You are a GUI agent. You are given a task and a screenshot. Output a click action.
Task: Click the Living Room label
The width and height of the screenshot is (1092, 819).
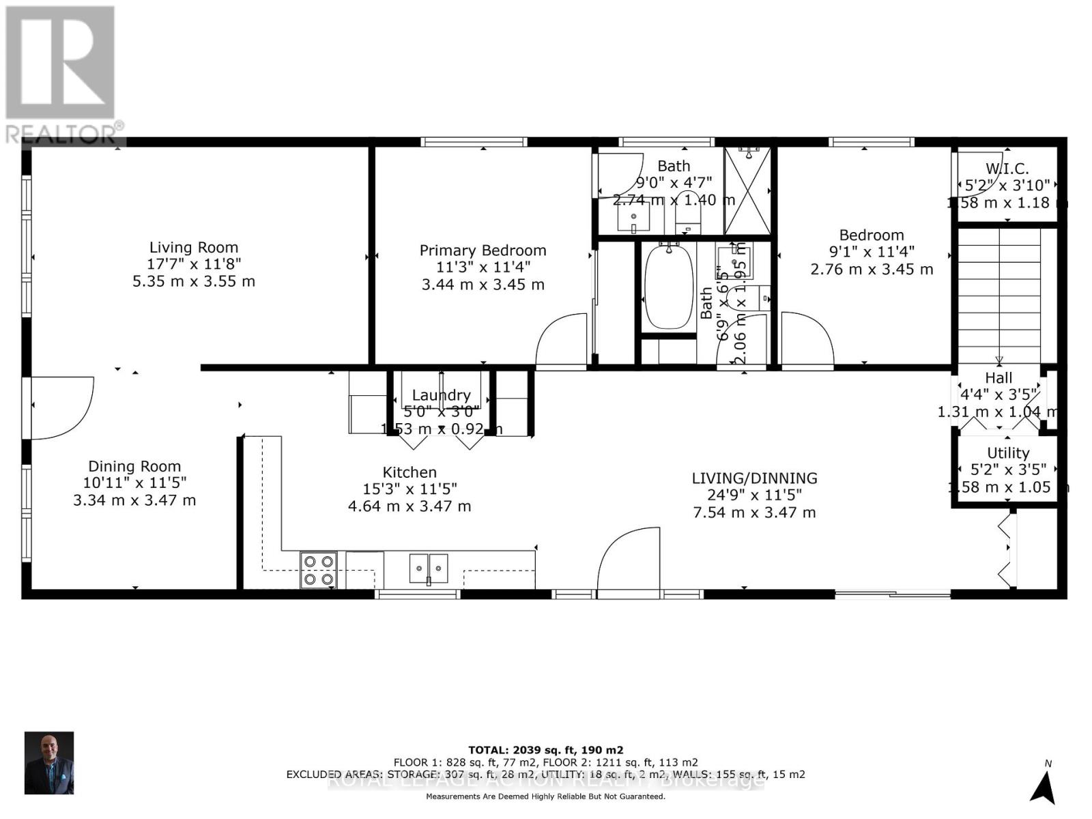point(194,248)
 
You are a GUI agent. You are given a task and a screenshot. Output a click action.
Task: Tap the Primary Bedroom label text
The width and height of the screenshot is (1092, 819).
point(483,250)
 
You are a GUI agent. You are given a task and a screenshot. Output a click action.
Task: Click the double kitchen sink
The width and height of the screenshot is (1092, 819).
point(429,568)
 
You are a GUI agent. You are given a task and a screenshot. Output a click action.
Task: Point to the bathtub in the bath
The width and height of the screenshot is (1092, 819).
point(668,287)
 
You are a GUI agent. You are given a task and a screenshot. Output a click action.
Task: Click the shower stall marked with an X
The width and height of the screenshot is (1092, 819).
point(747,190)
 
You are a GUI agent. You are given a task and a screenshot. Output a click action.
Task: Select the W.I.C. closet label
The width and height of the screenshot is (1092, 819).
point(1007,169)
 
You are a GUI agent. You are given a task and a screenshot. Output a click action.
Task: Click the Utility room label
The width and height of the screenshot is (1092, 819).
point(1008,453)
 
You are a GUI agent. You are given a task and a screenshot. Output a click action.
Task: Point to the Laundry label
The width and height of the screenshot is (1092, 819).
point(441,395)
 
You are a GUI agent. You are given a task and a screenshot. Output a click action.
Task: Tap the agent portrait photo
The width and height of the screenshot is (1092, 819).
point(49,763)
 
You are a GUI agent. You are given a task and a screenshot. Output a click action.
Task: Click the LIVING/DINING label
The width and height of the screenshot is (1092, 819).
point(754,478)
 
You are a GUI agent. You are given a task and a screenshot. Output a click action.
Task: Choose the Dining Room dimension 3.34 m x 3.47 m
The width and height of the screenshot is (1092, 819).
point(134,500)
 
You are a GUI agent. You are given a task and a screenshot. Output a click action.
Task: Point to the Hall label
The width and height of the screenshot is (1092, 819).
point(998,377)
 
